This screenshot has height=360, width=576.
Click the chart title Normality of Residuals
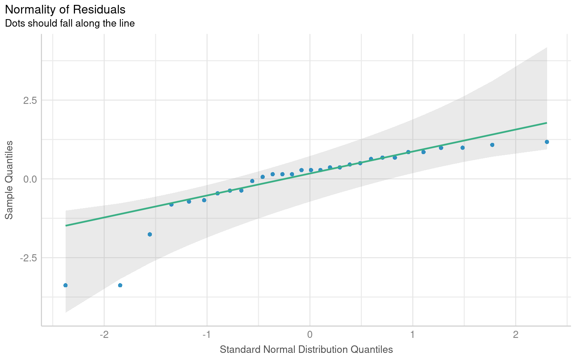coord(65,9)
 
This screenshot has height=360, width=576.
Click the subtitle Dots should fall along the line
coord(70,23)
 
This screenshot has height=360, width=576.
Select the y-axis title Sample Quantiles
coord(9,180)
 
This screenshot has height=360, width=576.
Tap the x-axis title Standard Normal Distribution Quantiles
coord(306,349)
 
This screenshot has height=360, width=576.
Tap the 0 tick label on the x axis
coord(310,334)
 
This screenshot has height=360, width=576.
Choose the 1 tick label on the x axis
coord(412,334)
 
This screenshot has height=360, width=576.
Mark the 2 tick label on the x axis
coord(516,334)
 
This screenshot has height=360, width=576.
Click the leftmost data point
coord(65,285)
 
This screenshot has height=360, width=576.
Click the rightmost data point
coord(547,142)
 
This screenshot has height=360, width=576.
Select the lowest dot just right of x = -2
coord(120,285)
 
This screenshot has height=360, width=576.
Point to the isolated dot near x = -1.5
coord(150,234)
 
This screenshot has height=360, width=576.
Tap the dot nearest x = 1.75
coord(492,145)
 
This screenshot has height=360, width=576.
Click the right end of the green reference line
coord(546,123)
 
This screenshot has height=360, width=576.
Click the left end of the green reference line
coord(66,225)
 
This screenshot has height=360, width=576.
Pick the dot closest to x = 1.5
coord(462,148)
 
